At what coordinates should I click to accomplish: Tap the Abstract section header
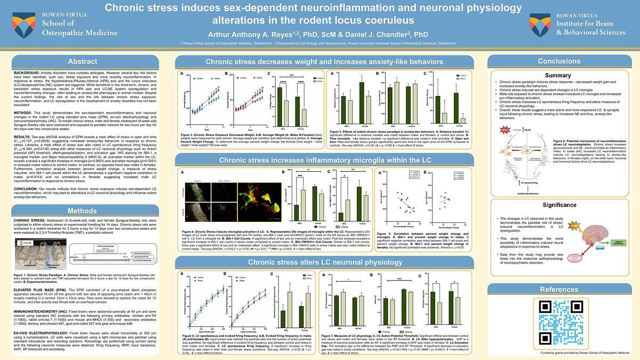click(x=83, y=61)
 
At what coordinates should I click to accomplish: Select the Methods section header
click(x=83, y=211)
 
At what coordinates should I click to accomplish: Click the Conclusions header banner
click(x=559, y=61)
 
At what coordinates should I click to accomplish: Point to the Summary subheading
click(x=558, y=75)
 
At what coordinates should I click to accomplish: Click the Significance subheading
click(x=558, y=205)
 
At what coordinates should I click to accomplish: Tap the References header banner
click(x=559, y=290)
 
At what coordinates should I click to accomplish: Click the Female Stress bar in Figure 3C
click(x=463, y=120)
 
